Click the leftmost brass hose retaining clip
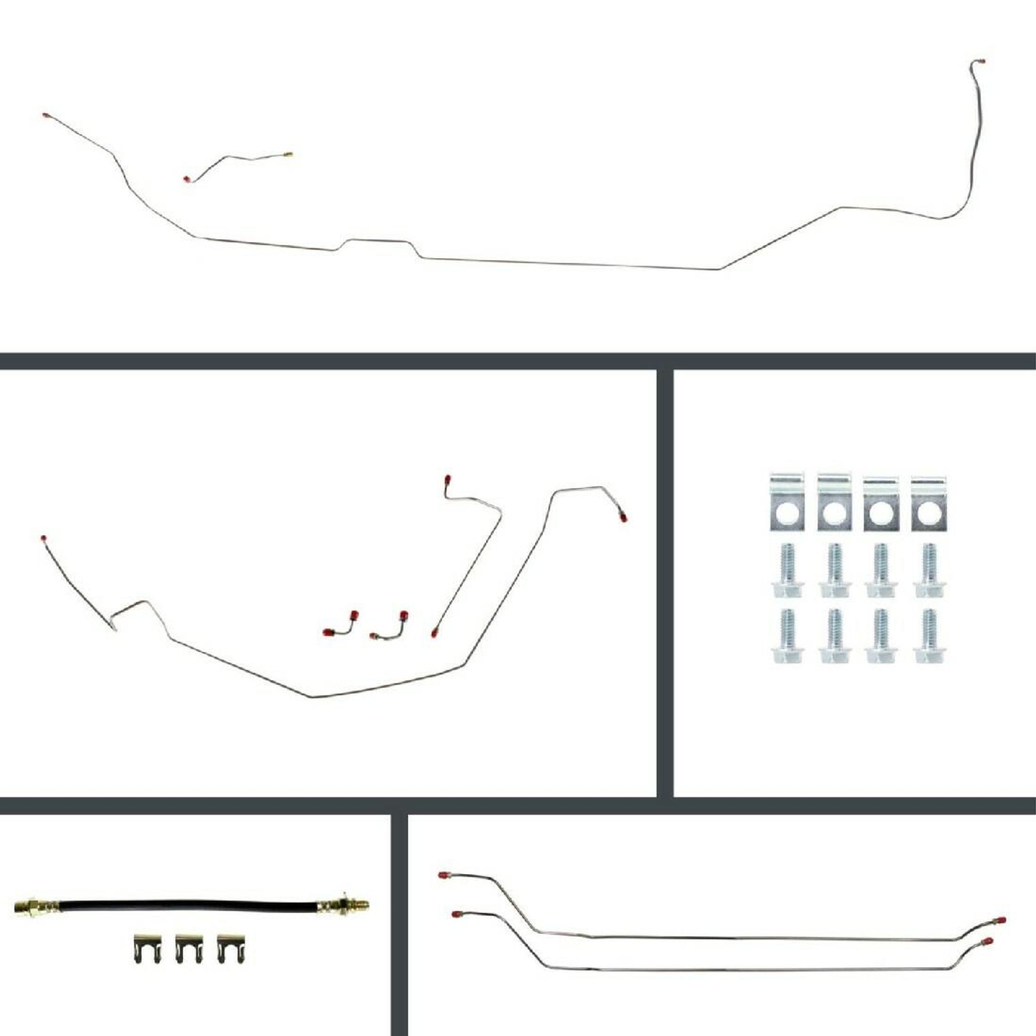(x=147, y=949)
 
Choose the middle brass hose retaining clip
(x=189, y=949)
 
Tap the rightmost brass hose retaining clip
(x=231, y=949)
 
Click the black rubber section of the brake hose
(x=188, y=905)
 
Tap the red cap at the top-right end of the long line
(x=981, y=61)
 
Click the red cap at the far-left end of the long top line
(x=46, y=116)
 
